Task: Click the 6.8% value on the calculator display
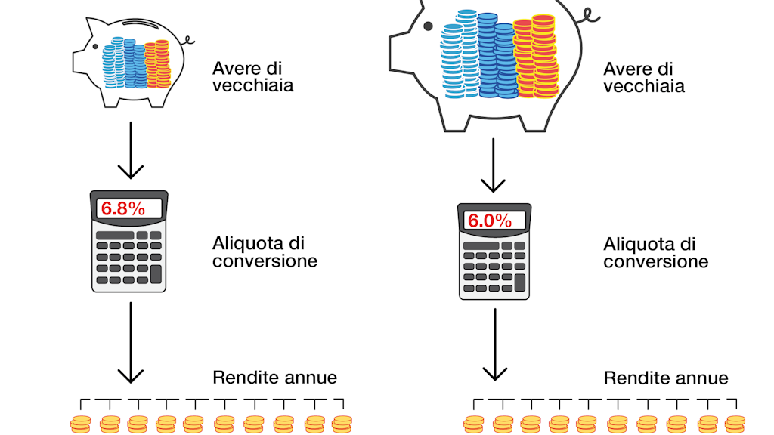pyautogui.click(x=123, y=209)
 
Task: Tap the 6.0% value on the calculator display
pyautogui.click(x=490, y=221)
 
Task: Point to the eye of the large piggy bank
pyautogui.click(x=428, y=26)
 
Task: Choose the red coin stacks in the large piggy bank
pyautogui.click(x=535, y=57)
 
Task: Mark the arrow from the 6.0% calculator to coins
pyautogui.click(x=495, y=344)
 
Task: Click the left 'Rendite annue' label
pyautogui.click(x=274, y=378)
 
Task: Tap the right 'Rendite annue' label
pyautogui.click(x=666, y=378)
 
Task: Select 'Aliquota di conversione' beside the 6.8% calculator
pyautogui.click(x=265, y=253)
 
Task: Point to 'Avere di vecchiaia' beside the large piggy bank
pyautogui.click(x=644, y=78)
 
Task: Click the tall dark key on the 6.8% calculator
pyautogui.click(x=156, y=273)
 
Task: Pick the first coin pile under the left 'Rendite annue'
pyautogui.click(x=80, y=423)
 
